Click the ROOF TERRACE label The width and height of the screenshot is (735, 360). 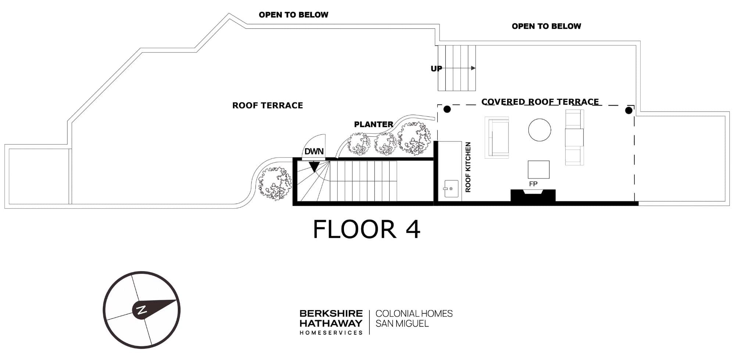(x=268, y=105)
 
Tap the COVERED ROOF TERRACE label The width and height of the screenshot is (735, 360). (x=540, y=102)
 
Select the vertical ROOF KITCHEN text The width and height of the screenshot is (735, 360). (x=468, y=167)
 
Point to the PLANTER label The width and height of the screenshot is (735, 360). (x=373, y=125)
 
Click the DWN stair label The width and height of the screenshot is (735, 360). (x=314, y=151)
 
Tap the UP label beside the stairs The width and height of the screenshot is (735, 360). (x=436, y=69)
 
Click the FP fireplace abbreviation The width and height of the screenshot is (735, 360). (x=533, y=184)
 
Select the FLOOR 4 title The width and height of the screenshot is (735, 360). (x=366, y=229)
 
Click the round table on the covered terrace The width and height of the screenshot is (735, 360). (x=539, y=130)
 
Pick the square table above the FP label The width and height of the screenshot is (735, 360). (x=539, y=170)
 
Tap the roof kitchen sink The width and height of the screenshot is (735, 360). (x=451, y=189)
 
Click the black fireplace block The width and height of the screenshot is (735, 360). (x=533, y=195)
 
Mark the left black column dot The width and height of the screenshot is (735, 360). (x=447, y=109)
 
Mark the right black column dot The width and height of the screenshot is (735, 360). (x=629, y=110)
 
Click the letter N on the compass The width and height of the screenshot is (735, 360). (x=141, y=310)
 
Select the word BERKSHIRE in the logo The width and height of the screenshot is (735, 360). (x=331, y=314)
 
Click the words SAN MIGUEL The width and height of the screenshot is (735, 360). (x=402, y=324)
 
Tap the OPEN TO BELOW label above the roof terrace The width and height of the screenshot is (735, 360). (x=294, y=15)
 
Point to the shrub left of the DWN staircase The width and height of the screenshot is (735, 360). (x=275, y=183)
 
